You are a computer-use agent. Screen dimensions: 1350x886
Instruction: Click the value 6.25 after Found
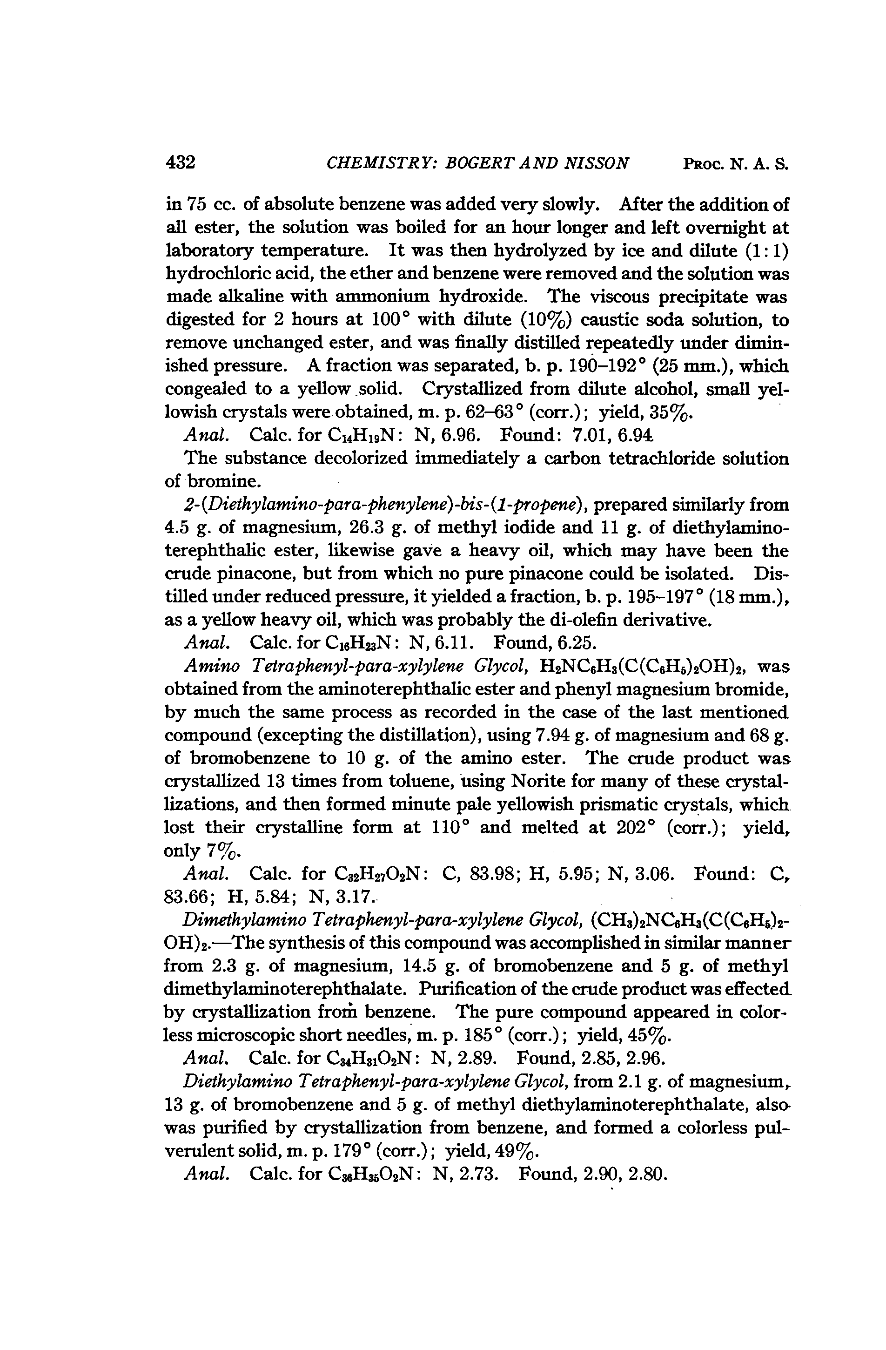click(577, 643)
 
